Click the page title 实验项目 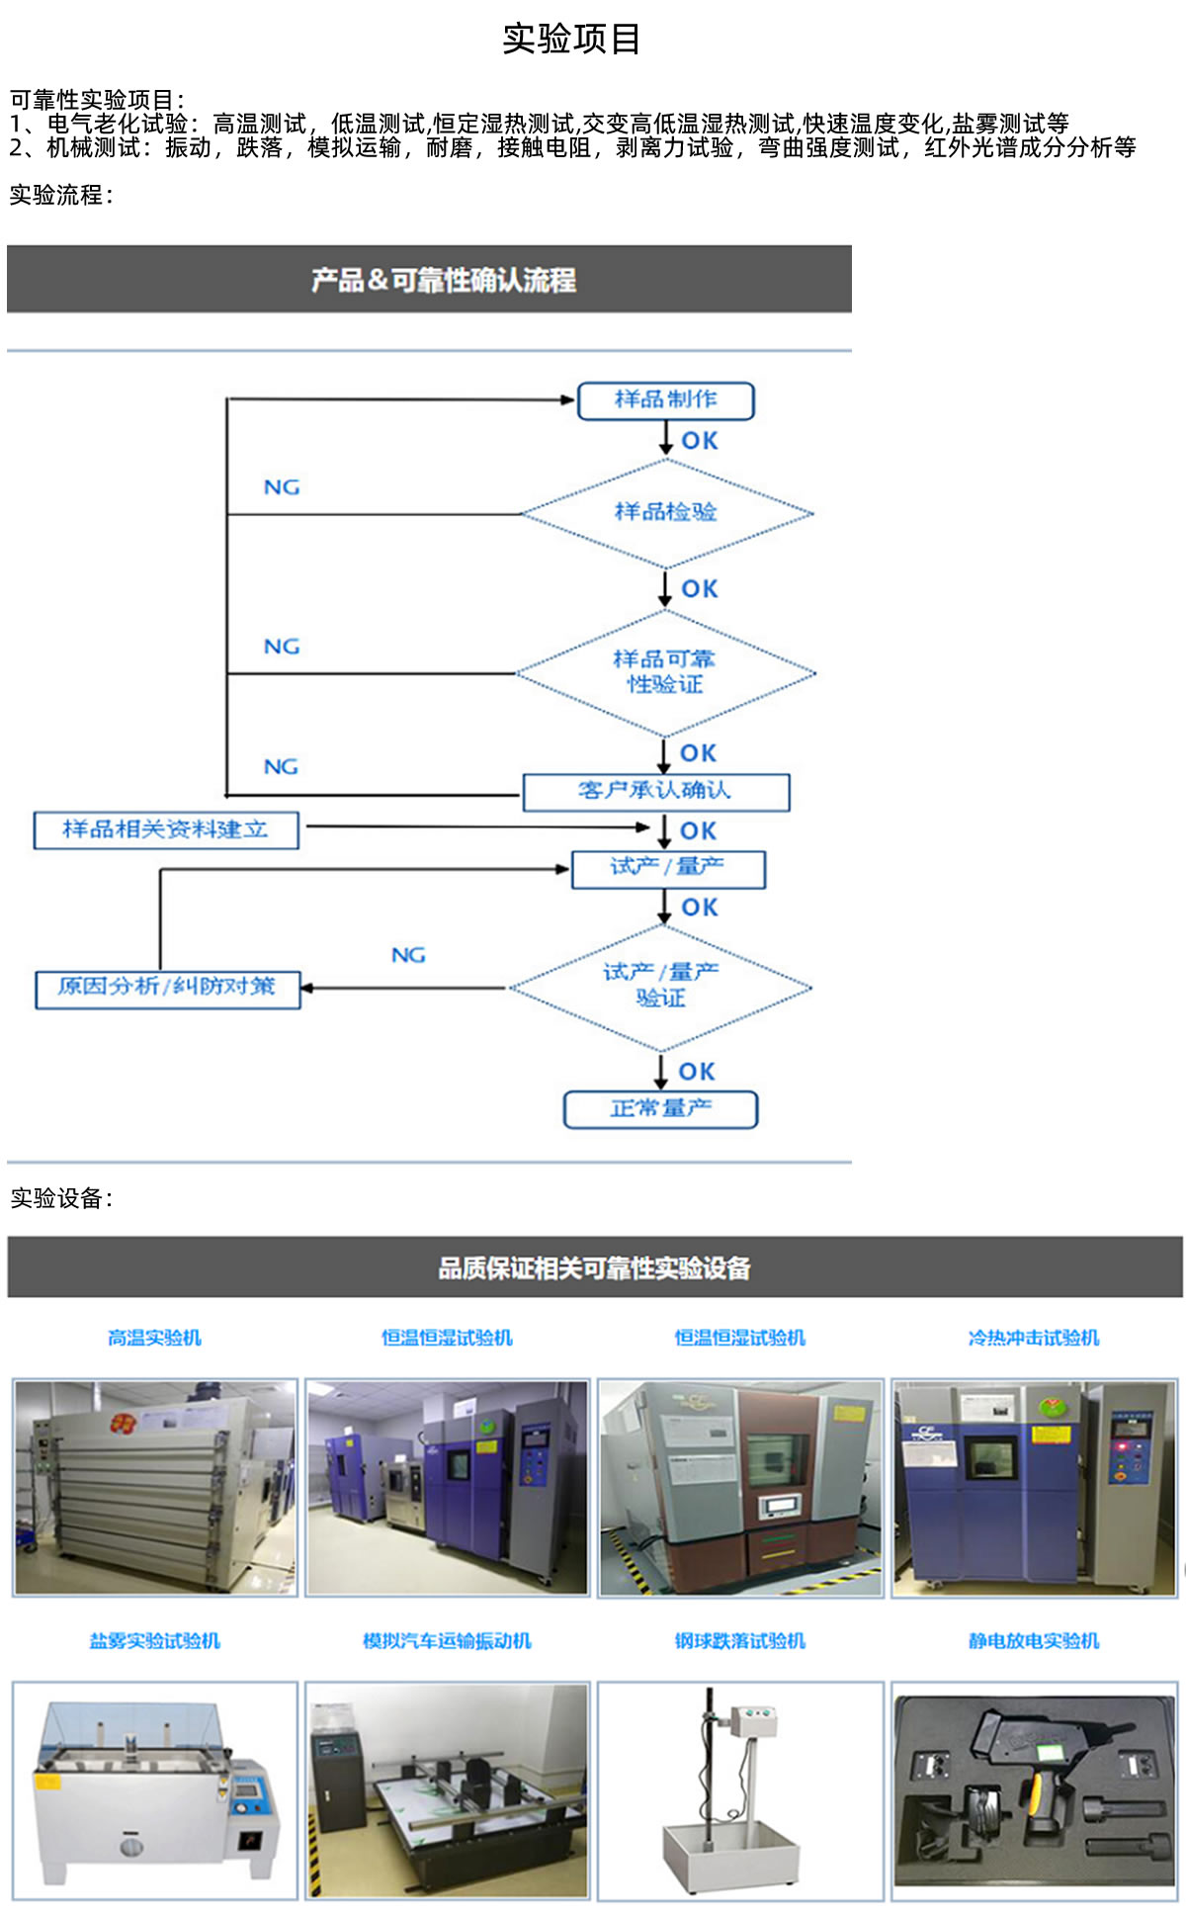(572, 39)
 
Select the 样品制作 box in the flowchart (665, 400)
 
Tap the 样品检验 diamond (666, 512)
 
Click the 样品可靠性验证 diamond (665, 672)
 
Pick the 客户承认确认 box (655, 791)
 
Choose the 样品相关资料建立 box (166, 829)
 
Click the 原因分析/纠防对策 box (167, 988)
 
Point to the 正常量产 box (660, 1108)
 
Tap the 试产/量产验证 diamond (660, 986)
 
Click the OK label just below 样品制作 (700, 441)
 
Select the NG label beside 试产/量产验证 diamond (408, 955)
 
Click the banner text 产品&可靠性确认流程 (444, 280)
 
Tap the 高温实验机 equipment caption (154, 1338)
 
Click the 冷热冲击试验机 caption (1034, 1338)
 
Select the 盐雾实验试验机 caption (154, 1641)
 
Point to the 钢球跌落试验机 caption (740, 1641)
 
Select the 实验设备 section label (61, 1198)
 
